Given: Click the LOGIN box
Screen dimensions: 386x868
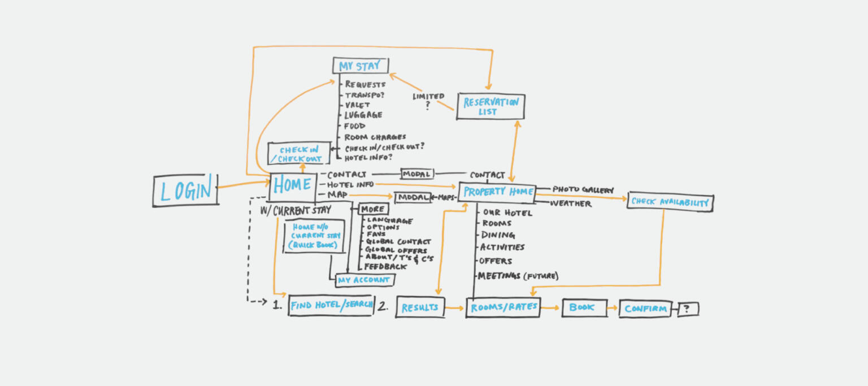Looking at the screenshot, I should pos(186,190).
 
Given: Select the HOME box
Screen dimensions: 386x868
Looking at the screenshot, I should pos(292,185).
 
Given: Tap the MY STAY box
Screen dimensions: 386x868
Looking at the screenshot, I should pos(361,66).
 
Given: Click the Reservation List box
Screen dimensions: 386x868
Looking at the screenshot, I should pos(491,107).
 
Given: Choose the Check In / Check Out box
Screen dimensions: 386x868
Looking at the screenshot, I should pos(299,154).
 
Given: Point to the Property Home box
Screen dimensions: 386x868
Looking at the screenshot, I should pos(497,192).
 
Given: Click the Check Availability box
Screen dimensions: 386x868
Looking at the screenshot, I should pos(670,202).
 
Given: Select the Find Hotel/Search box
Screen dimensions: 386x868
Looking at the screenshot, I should pos(331,305).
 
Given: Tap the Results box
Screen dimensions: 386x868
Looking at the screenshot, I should pos(420,307).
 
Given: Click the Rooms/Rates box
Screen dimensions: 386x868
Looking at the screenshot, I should pos(502,307).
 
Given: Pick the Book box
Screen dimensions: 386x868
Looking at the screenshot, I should pos(584,307).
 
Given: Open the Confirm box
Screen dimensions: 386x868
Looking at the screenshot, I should pos(645,309).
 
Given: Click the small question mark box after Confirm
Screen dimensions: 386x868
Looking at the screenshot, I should pos(688,309).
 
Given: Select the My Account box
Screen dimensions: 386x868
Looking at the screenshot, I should pos(364,280).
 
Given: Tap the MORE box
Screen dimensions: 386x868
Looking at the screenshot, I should pos(372,209).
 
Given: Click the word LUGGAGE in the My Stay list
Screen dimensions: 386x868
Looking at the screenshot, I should pos(363,115).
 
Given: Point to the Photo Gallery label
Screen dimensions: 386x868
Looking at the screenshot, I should pos(583,190).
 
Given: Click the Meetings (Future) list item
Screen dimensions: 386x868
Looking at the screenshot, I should pos(518,276).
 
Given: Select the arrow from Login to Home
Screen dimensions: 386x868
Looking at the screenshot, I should pos(243,184).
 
